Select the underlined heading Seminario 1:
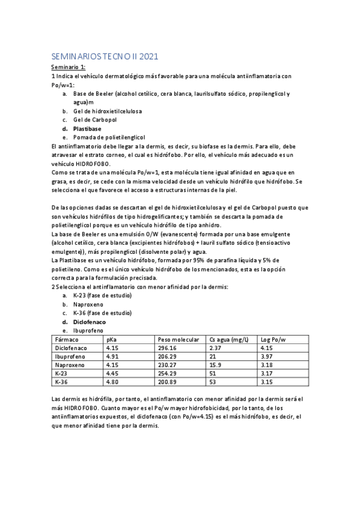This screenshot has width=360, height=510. [x=68, y=67]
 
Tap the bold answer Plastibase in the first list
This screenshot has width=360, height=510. [x=87, y=129]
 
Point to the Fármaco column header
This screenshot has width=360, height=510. [x=66, y=339]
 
